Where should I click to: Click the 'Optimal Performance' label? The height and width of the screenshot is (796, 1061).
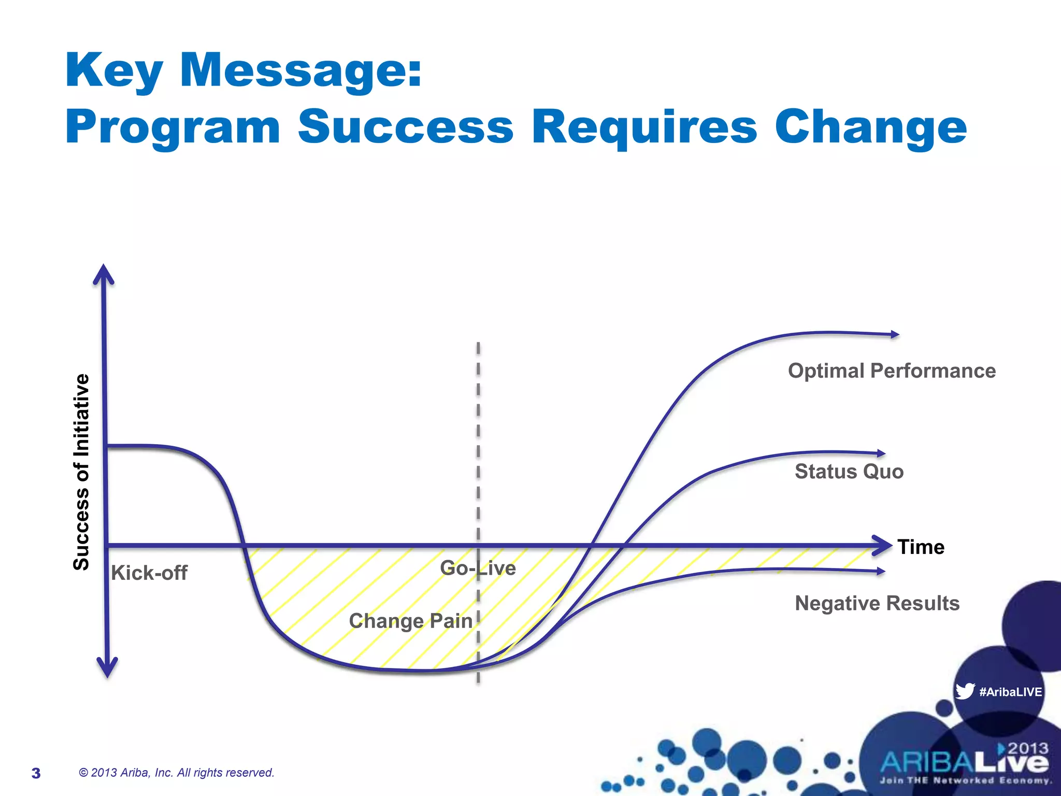(891, 371)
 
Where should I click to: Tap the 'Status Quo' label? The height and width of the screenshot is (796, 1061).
(849, 472)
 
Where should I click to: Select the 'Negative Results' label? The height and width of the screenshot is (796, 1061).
(877, 603)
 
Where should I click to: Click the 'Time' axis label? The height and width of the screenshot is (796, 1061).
(921, 547)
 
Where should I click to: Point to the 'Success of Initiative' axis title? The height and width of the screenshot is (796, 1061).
(82, 472)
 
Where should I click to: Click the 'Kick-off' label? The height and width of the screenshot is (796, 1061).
(149, 573)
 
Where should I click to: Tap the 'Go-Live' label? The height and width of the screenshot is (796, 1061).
(478, 568)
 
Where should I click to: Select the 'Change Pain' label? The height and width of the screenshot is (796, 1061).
(410, 621)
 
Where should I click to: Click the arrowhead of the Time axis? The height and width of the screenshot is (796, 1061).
(883, 545)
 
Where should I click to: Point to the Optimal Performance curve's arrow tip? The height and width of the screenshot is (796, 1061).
(896, 335)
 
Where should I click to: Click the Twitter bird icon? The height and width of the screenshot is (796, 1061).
(965, 691)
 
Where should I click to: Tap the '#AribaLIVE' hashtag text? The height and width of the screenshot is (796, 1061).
(1010, 692)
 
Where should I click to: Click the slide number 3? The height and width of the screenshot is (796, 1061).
(36, 773)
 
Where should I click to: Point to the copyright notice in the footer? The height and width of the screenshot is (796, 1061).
(176, 773)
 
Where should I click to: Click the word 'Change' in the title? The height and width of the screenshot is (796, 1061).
(870, 127)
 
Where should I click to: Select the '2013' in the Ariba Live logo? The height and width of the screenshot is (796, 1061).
(1028, 748)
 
